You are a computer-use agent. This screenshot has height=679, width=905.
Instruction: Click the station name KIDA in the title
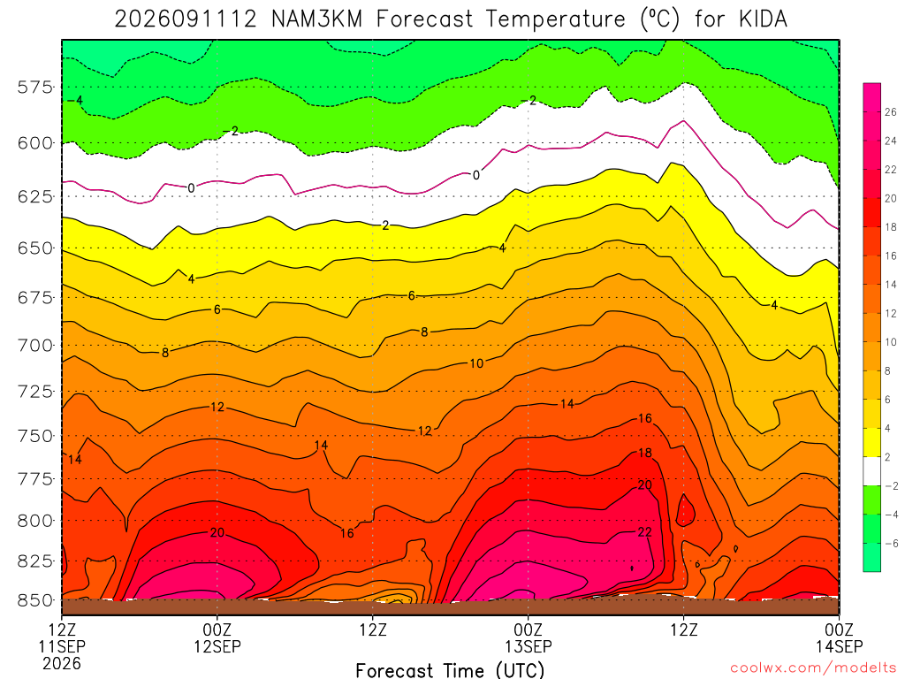[763, 19]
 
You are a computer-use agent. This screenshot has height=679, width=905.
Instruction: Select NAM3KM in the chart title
[316, 19]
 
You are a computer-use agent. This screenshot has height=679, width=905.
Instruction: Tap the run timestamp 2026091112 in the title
[186, 19]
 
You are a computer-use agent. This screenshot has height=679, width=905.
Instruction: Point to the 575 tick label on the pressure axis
[34, 88]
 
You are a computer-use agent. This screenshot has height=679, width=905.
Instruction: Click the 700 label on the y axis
[34, 346]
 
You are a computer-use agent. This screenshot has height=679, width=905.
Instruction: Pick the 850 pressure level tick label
[34, 600]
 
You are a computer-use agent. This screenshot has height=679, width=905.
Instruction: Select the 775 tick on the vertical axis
[34, 478]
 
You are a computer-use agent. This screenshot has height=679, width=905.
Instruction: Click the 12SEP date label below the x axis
[217, 646]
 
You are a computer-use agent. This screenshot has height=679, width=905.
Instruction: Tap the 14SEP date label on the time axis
[840, 646]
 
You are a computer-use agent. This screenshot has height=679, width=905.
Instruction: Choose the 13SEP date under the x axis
[529, 646]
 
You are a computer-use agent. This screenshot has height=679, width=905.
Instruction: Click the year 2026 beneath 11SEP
[62, 664]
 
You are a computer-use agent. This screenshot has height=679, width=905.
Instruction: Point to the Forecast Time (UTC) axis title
[450, 670]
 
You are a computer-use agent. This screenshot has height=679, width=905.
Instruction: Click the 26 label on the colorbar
[891, 112]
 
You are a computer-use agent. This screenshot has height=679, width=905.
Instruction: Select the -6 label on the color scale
[892, 544]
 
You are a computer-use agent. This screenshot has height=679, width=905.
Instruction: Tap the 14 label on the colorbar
[891, 285]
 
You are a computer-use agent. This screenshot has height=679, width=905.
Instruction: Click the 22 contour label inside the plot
[644, 531]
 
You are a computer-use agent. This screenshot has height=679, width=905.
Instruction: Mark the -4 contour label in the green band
[75, 100]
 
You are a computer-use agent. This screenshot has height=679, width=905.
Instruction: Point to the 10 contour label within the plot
[476, 363]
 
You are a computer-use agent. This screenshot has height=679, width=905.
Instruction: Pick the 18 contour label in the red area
[644, 453]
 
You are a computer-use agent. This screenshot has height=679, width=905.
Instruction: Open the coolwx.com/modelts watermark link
[813, 668]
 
